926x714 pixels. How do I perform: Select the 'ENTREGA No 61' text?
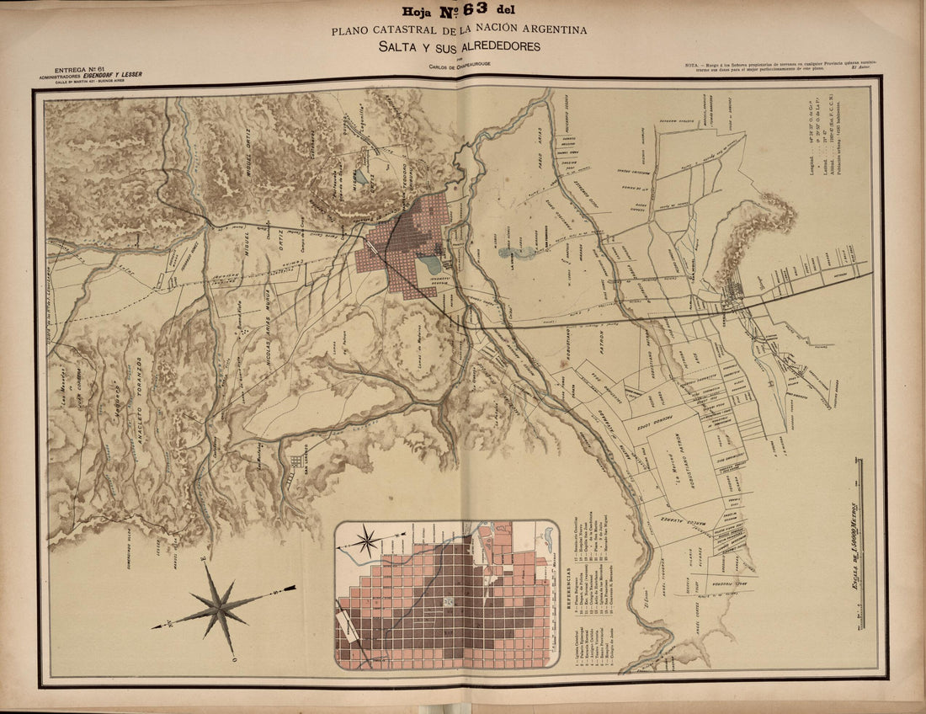77,68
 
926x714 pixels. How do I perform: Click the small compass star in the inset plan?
368,540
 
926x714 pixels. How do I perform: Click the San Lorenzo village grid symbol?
297,461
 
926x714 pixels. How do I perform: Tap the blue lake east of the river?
515,251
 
